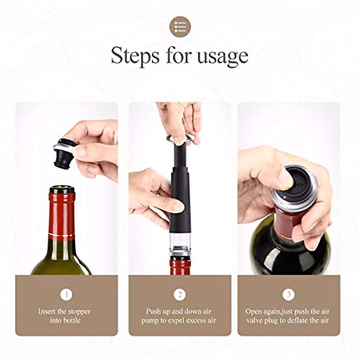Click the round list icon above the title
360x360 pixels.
coord(180,27)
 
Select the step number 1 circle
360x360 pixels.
coord(66,295)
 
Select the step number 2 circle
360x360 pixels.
coord(180,295)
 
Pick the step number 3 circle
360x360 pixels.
coord(289,295)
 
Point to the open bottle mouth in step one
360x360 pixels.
coord(62,189)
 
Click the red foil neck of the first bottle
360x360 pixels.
coord(62,213)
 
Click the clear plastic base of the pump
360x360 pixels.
coord(180,240)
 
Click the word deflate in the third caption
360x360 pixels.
coord(297,320)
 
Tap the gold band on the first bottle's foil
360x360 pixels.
coord(62,234)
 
